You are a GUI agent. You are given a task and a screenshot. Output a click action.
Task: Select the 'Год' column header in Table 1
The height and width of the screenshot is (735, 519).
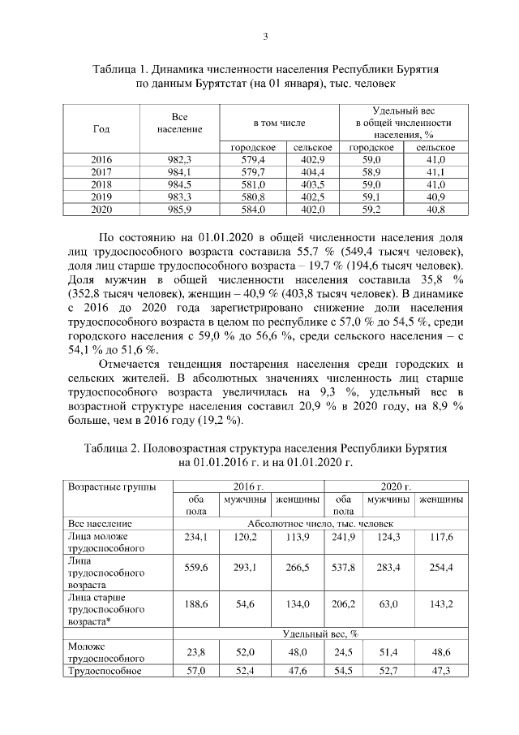point(101,128)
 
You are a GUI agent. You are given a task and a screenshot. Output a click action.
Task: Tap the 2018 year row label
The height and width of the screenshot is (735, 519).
point(101,184)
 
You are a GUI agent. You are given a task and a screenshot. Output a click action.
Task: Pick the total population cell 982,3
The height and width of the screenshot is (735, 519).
point(178,160)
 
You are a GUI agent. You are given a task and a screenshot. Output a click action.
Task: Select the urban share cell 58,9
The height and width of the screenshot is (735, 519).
point(371,172)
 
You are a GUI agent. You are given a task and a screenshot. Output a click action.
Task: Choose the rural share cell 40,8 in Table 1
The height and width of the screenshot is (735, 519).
point(435,210)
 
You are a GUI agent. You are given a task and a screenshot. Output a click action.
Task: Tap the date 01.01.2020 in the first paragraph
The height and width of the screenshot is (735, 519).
point(221,237)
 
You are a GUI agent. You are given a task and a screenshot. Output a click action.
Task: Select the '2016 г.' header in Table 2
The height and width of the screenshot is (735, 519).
point(250,486)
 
